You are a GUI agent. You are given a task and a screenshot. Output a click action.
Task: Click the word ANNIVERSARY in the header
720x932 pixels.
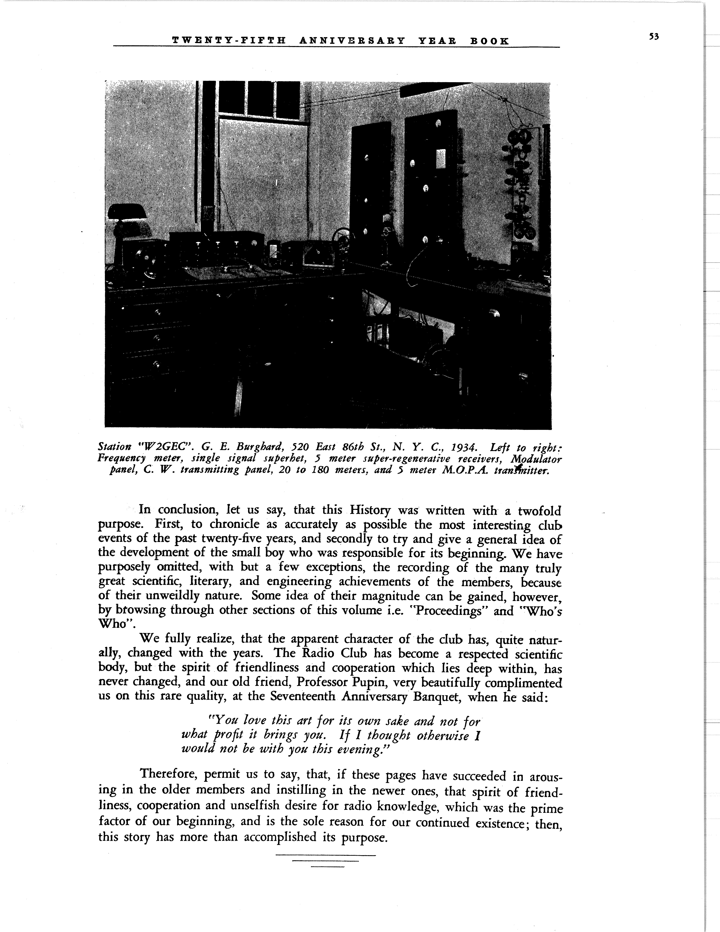pyautogui.click(x=352, y=41)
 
